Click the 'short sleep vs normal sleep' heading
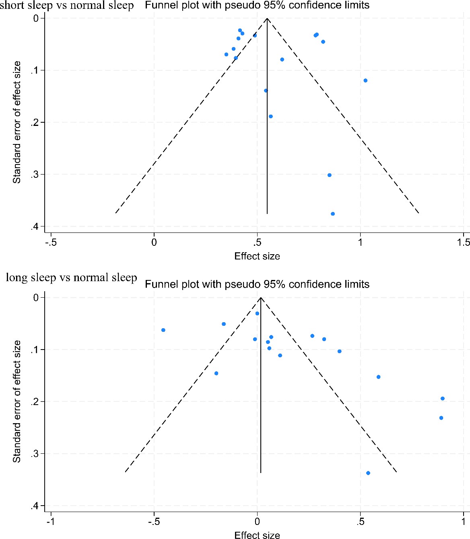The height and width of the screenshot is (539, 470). pyautogui.click(x=67, y=6)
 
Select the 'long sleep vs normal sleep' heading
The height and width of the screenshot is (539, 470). pyautogui.click(x=71, y=278)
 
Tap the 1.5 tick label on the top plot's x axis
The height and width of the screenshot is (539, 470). pyautogui.click(x=463, y=242)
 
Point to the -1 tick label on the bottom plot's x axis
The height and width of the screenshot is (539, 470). pyautogui.click(x=50, y=522)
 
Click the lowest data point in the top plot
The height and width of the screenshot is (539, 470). pyautogui.click(x=333, y=214)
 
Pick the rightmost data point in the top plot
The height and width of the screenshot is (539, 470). pyautogui.click(x=365, y=80)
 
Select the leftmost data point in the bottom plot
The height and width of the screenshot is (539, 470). pyautogui.click(x=163, y=330)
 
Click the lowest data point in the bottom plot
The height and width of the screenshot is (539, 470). pyautogui.click(x=368, y=473)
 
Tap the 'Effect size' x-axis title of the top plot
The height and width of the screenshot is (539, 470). pyautogui.click(x=257, y=256)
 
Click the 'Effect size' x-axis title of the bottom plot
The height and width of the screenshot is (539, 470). pyautogui.click(x=257, y=535)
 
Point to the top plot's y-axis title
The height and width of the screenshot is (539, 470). pyautogui.click(x=16, y=122)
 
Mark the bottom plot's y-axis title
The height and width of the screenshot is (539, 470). pyautogui.click(x=16, y=401)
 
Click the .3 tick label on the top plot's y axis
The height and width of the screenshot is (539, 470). pyautogui.click(x=35, y=175)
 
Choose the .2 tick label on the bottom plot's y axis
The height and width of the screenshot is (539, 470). pyautogui.click(x=35, y=402)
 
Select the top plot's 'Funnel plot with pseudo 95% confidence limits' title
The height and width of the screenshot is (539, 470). pyautogui.click(x=257, y=5)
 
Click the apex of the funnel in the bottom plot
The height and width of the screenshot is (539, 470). pyautogui.click(x=261, y=298)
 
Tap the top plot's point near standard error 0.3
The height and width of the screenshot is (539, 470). pyautogui.click(x=330, y=175)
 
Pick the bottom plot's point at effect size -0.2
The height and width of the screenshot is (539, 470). pyautogui.click(x=216, y=373)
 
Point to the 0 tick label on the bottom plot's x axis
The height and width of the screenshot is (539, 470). pyautogui.click(x=257, y=522)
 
